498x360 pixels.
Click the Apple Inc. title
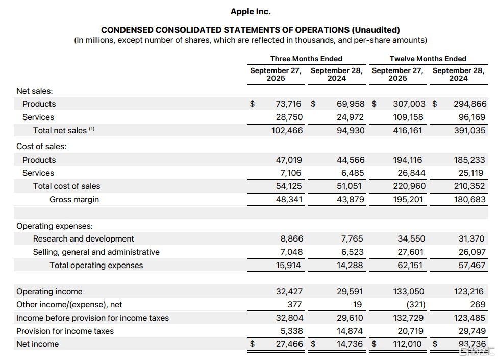(251, 11)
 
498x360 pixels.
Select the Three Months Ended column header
(306, 59)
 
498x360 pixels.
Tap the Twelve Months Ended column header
(428, 59)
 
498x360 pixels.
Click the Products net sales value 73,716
(289, 104)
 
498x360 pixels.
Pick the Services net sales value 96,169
(470, 117)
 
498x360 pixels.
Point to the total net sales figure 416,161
(408, 130)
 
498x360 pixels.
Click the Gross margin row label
(74, 199)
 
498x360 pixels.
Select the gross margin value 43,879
(351, 199)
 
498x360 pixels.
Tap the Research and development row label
(83, 238)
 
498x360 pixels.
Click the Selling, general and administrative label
(96, 252)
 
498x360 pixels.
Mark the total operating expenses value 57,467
(470, 265)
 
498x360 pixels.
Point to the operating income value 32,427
(289, 291)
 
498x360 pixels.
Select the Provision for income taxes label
(65, 331)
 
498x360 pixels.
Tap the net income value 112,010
(408, 344)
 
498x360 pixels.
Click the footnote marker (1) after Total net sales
(92, 129)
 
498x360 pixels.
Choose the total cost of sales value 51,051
(351, 186)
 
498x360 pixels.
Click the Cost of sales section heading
(41, 146)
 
